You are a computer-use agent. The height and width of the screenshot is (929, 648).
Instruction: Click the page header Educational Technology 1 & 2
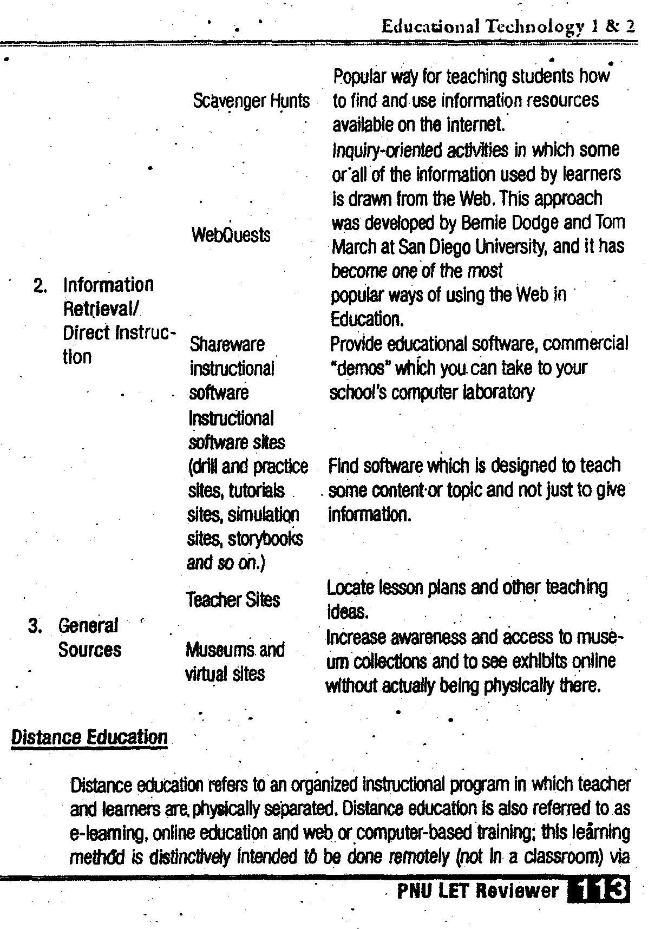click(507, 25)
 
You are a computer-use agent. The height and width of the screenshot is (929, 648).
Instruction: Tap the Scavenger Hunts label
click(251, 101)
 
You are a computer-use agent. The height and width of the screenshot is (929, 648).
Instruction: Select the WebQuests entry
click(231, 234)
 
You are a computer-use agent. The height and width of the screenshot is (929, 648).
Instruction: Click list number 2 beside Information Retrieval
click(41, 285)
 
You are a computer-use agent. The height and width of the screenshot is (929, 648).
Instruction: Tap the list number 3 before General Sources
click(35, 626)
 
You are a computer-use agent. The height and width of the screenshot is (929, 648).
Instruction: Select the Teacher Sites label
click(233, 599)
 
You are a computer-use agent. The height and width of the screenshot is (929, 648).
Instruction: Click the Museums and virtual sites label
click(234, 661)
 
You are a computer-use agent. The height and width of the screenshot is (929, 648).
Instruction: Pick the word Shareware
click(227, 344)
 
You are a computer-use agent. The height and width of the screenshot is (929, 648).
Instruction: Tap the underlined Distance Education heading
click(89, 737)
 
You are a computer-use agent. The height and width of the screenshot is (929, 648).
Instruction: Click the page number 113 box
click(598, 890)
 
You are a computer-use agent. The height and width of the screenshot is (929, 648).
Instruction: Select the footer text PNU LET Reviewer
click(477, 891)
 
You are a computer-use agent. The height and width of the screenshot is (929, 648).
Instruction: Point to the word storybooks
click(265, 539)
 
